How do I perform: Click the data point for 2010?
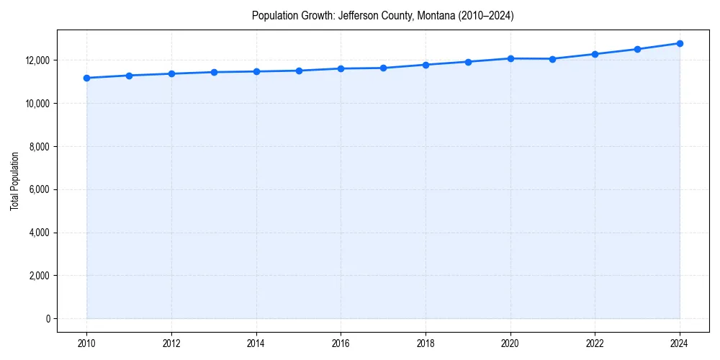click(x=86, y=78)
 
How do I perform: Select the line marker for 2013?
click(x=214, y=72)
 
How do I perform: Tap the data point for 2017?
click(x=383, y=68)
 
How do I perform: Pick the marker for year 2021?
click(x=552, y=59)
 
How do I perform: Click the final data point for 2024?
click(x=680, y=43)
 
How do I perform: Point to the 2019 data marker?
click(x=468, y=62)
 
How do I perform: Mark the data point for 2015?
click(x=299, y=71)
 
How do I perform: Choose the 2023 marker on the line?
click(x=637, y=49)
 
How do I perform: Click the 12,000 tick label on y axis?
click(x=37, y=60)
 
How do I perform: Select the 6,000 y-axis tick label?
click(x=39, y=190)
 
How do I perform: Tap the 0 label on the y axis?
click(x=48, y=319)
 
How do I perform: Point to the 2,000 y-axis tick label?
click(x=39, y=276)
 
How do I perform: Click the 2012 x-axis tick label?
click(x=171, y=343)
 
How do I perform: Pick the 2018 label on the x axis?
click(x=426, y=343)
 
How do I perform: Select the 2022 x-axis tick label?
click(x=595, y=343)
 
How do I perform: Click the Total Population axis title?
click(x=14, y=181)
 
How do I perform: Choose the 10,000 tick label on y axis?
click(x=37, y=104)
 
